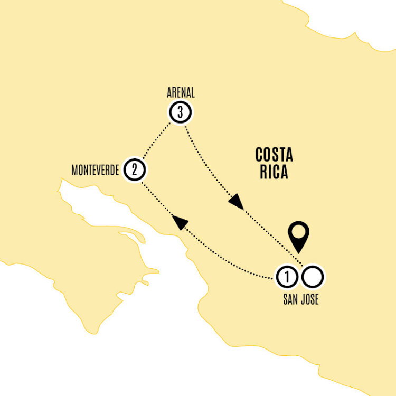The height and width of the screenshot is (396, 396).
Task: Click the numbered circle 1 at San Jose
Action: tap(287, 277)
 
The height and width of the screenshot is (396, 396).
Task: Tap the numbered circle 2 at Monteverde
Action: tap(135, 169)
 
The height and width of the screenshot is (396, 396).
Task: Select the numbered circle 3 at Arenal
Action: tap(181, 112)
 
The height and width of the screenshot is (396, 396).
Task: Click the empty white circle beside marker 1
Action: tap(313, 277)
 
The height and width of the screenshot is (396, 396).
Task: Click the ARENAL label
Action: tap(181, 93)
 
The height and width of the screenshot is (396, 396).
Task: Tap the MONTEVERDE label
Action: tap(95, 170)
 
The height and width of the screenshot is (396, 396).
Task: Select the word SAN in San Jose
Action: tap(290, 299)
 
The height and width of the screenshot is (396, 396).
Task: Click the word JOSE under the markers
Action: tap(310, 299)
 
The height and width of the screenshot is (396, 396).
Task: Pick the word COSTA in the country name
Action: tap(274, 155)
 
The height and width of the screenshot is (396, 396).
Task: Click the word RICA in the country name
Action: tap(274, 172)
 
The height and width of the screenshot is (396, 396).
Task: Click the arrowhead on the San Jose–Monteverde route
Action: tap(180, 222)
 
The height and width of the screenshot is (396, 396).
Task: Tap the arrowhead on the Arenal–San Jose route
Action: tap(237, 201)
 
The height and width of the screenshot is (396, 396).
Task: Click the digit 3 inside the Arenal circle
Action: tap(180, 112)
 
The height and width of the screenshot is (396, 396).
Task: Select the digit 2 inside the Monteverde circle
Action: tap(134, 169)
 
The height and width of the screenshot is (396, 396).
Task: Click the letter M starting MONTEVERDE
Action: tap(74, 170)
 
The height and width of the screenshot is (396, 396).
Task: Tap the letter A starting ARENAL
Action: tap(169, 93)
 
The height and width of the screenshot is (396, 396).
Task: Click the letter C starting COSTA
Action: tap(259, 155)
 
